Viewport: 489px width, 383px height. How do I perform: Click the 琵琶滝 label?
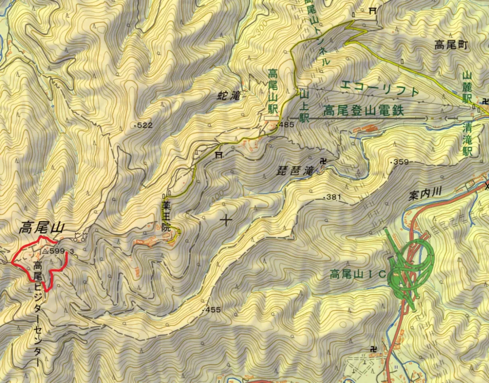tap(296, 170)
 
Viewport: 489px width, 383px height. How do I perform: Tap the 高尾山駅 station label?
tap(272, 91)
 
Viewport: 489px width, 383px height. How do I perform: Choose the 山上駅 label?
tap(305, 105)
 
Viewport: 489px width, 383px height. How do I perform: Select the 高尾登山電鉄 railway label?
tap(363, 110)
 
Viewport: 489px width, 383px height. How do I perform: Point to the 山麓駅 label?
tap(467, 87)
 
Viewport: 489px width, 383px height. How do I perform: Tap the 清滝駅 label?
tap(467, 139)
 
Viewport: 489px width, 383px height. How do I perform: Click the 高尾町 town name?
tap(452, 45)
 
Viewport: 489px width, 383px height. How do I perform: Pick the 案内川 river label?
tap(426, 193)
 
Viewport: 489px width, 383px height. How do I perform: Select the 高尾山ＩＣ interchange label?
tap(358, 274)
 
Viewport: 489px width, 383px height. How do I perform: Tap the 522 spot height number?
tap(145, 125)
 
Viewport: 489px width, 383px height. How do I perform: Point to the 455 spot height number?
tap(213, 310)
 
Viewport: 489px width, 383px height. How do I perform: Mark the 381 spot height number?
tap(333, 197)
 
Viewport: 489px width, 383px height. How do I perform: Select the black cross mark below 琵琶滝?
tap(226, 220)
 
